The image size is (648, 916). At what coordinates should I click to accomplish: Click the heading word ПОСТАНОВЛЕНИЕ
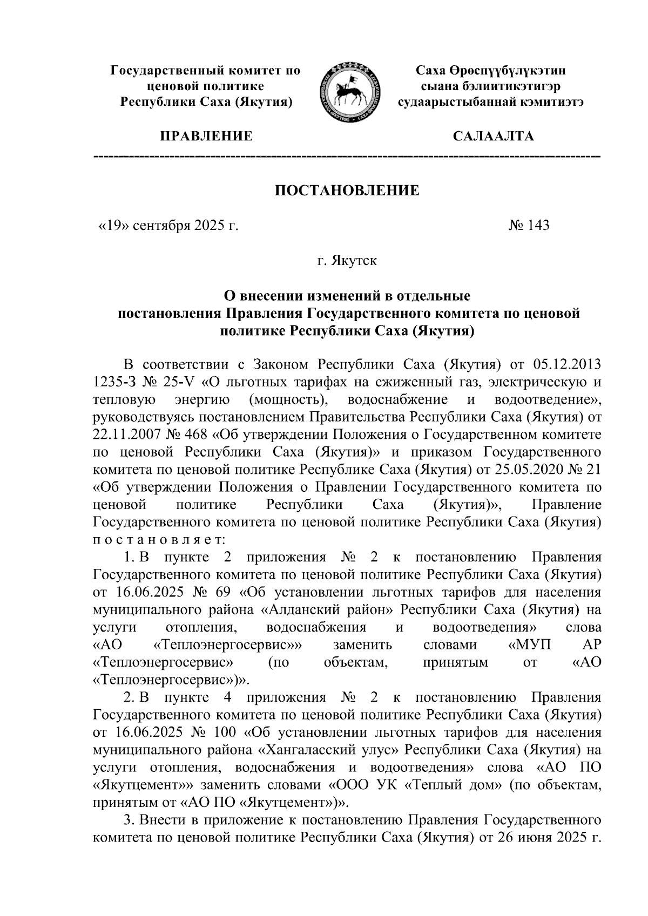click(348, 190)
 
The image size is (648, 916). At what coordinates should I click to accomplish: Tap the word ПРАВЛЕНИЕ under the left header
click(205, 136)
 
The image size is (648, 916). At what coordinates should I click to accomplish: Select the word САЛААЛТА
click(493, 136)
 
